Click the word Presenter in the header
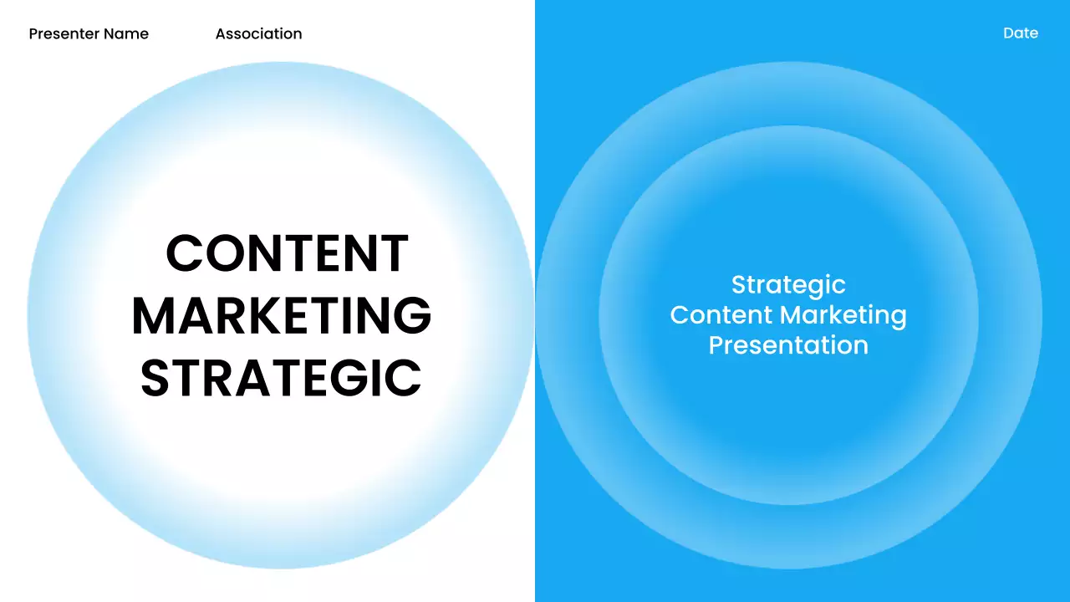pyautogui.click(x=64, y=34)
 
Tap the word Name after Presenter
pyautogui.click(x=126, y=34)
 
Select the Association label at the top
pyautogui.click(x=258, y=34)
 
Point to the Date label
pyautogui.click(x=1021, y=33)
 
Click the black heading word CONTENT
pyautogui.click(x=288, y=253)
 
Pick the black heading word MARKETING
pyautogui.click(x=282, y=316)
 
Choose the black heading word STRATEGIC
pyautogui.click(x=281, y=378)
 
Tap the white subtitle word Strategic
pyautogui.click(x=788, y=285)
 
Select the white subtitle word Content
pyautogui.click(x=721, y=315)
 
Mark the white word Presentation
pyautogui.click(x=788, y=345)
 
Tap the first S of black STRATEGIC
pyautogui.click(x=156, y=378)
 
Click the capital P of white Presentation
pyautogui.click(x=716, y=345)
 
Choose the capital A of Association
pyautogui.click(x=222, y=34)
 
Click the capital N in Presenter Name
pyautogui.click(x=110, y=34)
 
